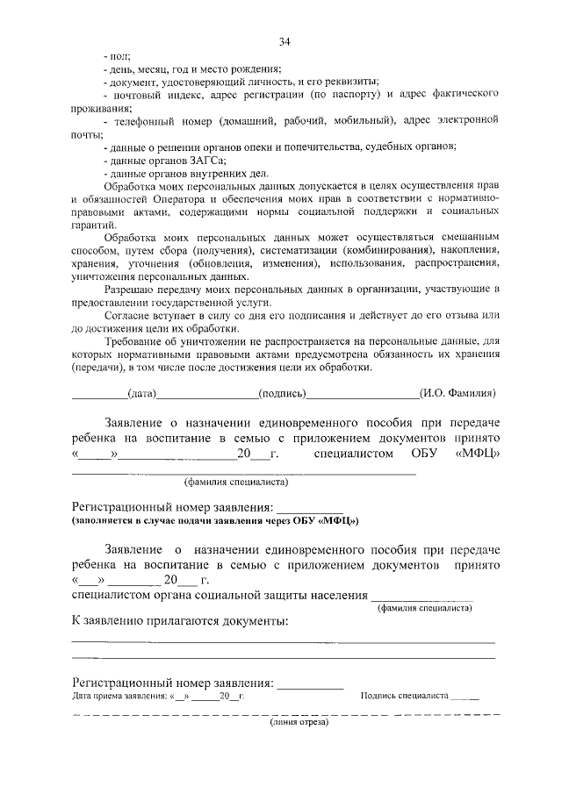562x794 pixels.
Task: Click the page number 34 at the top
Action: [x=285, y=41]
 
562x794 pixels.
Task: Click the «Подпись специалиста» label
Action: [x=404, y=696]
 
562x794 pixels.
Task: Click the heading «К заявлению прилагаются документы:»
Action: [x=179, y=621]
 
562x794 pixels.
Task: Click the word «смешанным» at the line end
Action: [x=471, y=239]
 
